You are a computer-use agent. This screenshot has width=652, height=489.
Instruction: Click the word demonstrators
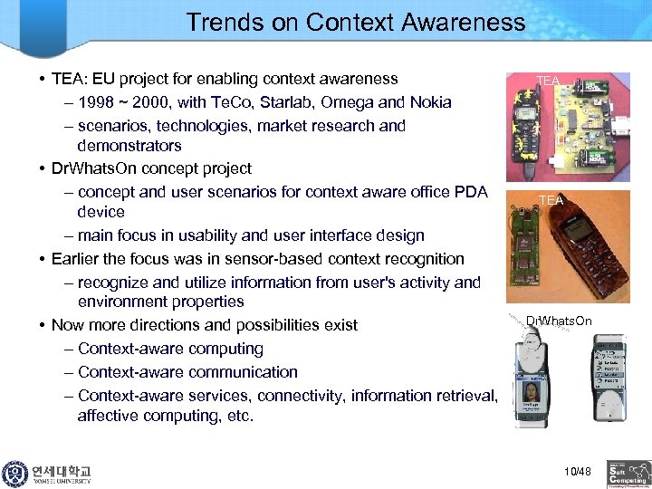point(129,146)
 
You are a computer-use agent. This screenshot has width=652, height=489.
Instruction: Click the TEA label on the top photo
point(548,81)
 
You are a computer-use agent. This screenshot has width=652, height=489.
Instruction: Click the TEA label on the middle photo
point(550,200)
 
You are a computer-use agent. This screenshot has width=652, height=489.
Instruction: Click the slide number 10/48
point(577,470)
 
